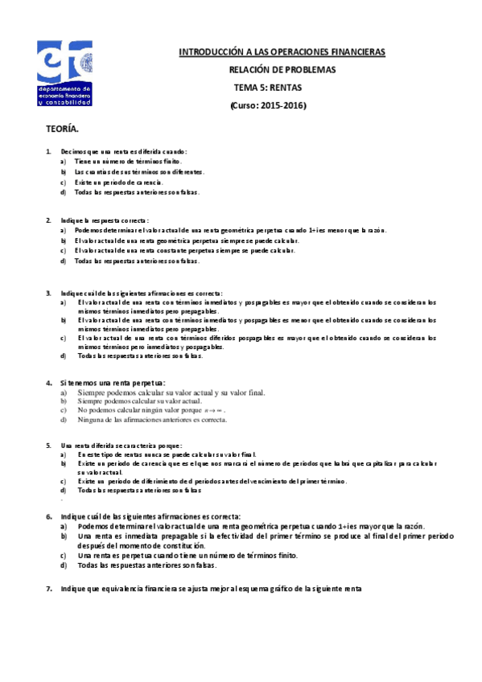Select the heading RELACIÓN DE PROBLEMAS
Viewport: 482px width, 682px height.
282,70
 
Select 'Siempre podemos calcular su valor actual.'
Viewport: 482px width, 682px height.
139,401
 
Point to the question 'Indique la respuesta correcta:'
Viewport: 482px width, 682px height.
105,220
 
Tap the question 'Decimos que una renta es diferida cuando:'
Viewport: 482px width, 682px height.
124,151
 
